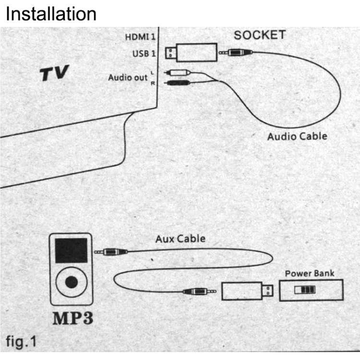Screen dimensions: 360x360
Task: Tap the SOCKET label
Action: point(260,35)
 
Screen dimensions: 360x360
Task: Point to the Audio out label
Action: point(127,77)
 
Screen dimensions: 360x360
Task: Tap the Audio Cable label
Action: point(297,136)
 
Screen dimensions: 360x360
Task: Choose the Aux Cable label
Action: point(180,239)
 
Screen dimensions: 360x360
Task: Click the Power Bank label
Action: point(310,274)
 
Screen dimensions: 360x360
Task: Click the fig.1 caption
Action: point(21,342)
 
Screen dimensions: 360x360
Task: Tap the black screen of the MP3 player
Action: point(71,250)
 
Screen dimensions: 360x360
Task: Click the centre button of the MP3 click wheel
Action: point(72,282)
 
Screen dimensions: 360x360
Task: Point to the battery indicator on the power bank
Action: point(305,290)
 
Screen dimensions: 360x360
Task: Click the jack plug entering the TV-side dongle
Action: point(236,53)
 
